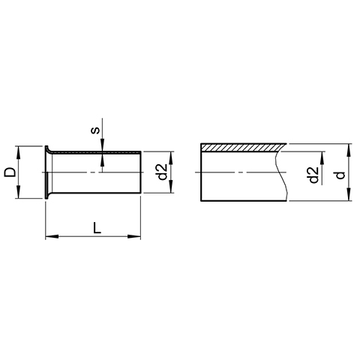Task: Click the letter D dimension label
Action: coord(10,172)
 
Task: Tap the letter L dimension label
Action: coord(97,227)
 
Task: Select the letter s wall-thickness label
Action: coord(95,130)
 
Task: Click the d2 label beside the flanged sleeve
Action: coord(163,172)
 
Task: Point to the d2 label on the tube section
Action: coord(313,175)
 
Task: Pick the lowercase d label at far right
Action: coord(340,175)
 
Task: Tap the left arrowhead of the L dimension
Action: coord(52,236)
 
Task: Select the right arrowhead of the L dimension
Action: coord(134,236)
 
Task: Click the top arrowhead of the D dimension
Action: coord(17,152)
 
